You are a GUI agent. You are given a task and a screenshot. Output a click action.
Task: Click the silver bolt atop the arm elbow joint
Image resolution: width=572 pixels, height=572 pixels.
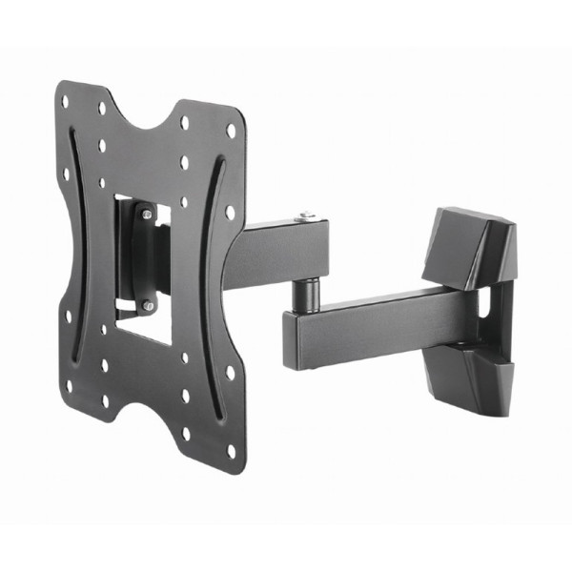point(303,218)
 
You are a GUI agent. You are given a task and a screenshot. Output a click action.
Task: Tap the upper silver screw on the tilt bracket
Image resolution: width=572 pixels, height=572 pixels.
point(146,216)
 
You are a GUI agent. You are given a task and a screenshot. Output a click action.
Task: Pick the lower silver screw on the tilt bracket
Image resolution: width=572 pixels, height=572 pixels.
point(148,305)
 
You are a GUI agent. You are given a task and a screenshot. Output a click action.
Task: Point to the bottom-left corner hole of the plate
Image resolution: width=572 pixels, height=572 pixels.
point(69,386)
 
